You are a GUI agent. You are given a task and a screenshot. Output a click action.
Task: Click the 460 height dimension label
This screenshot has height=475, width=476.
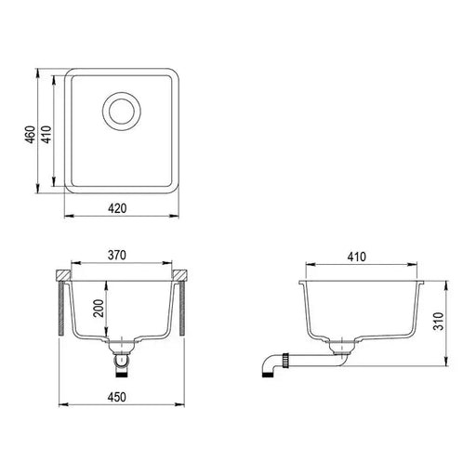[31, 136]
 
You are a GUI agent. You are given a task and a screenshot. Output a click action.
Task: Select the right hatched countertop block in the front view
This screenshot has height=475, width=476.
[182, 276]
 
